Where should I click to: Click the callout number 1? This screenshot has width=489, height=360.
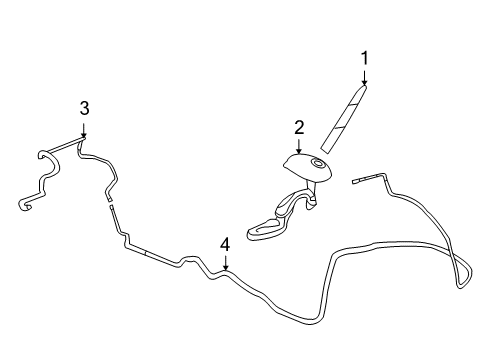pos(365,57)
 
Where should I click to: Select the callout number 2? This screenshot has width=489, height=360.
pos(298,127)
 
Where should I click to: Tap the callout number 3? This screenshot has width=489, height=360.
pos(84,108)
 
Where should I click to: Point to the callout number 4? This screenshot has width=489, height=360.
pos(225,243)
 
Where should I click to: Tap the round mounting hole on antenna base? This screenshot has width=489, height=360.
pos(318,163)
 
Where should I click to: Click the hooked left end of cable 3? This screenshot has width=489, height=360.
pos(22,206)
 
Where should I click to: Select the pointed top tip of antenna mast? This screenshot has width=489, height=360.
pos(363,87)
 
